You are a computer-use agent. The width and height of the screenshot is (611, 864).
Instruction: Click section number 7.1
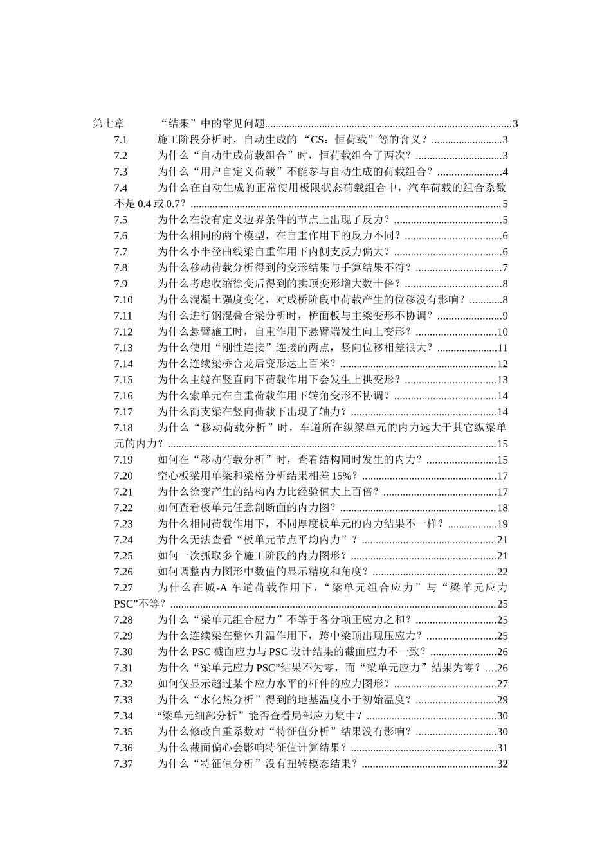121,140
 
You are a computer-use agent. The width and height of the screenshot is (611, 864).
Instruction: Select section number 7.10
123,300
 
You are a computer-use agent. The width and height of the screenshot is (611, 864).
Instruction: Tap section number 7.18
123,428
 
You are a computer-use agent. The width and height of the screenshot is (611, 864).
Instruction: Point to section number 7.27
123,588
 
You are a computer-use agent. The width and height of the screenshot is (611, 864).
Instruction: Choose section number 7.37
123,764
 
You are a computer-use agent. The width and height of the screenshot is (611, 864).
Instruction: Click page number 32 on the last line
503,764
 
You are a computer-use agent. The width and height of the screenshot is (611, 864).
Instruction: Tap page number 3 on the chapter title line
515,124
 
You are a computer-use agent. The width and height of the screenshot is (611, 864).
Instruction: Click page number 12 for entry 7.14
503,364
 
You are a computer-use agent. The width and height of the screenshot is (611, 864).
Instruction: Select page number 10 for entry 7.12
503,332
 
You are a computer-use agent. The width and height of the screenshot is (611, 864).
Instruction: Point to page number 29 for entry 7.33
503,699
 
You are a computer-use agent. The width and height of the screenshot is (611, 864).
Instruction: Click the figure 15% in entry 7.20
342,476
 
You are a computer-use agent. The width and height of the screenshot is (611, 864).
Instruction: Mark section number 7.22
123,508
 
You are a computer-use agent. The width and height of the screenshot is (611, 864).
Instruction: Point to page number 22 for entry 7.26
503,571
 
